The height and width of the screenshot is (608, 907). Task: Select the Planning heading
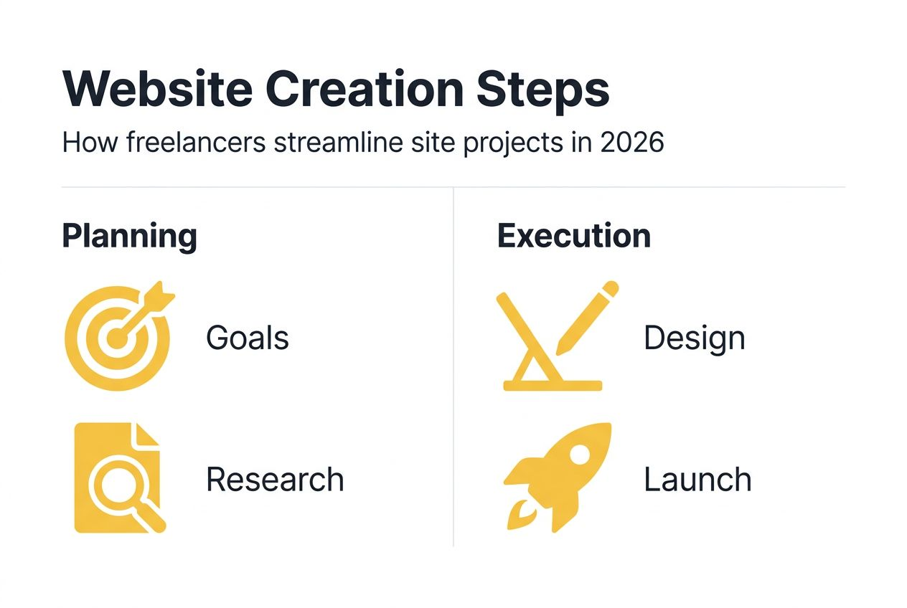[x=129, y=236]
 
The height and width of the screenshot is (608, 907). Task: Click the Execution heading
[x=573, y=236]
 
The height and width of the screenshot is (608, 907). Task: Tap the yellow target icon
[x=117, y=337]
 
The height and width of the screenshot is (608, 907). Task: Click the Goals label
[x=248, y=338]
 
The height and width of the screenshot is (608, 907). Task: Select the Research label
[x=275, y=480]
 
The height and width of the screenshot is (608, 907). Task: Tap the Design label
[x=694, y=338]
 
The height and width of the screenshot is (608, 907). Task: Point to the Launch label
[x=697, y=480]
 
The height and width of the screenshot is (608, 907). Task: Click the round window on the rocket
[x=579, y=454]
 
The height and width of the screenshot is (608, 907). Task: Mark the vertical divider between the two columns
[x=454, y=366]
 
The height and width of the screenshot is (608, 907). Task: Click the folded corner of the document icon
[x=149, y=434]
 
